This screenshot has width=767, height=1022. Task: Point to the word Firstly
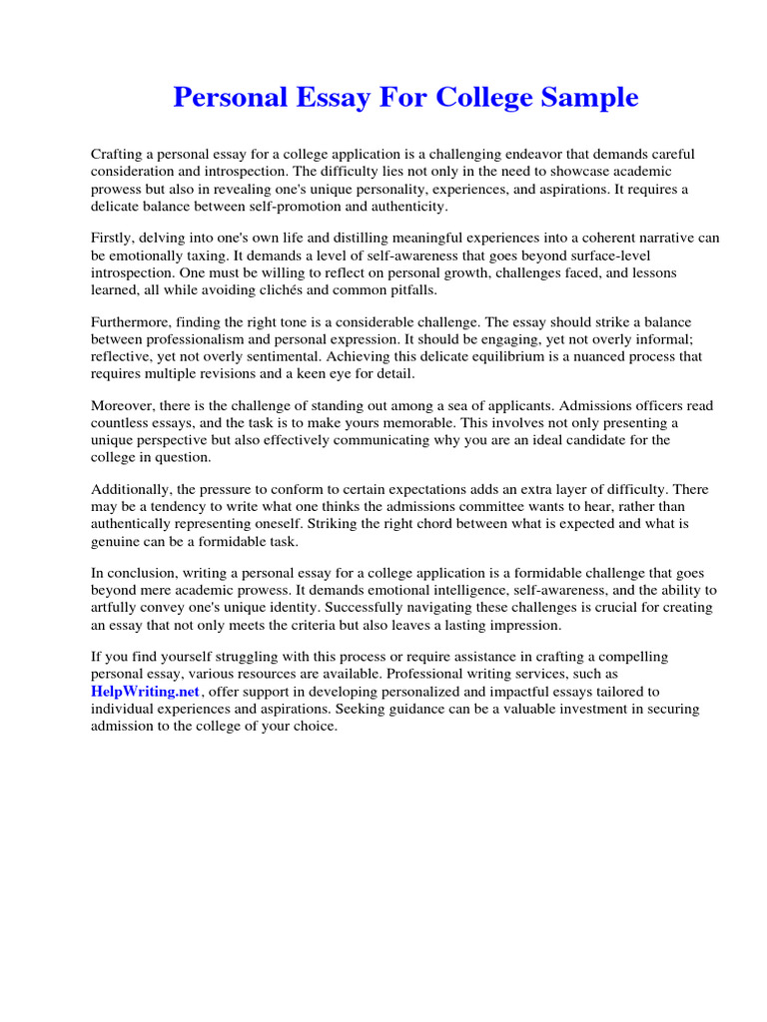point(114,238)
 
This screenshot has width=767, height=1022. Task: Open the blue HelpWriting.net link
point(146,692)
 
